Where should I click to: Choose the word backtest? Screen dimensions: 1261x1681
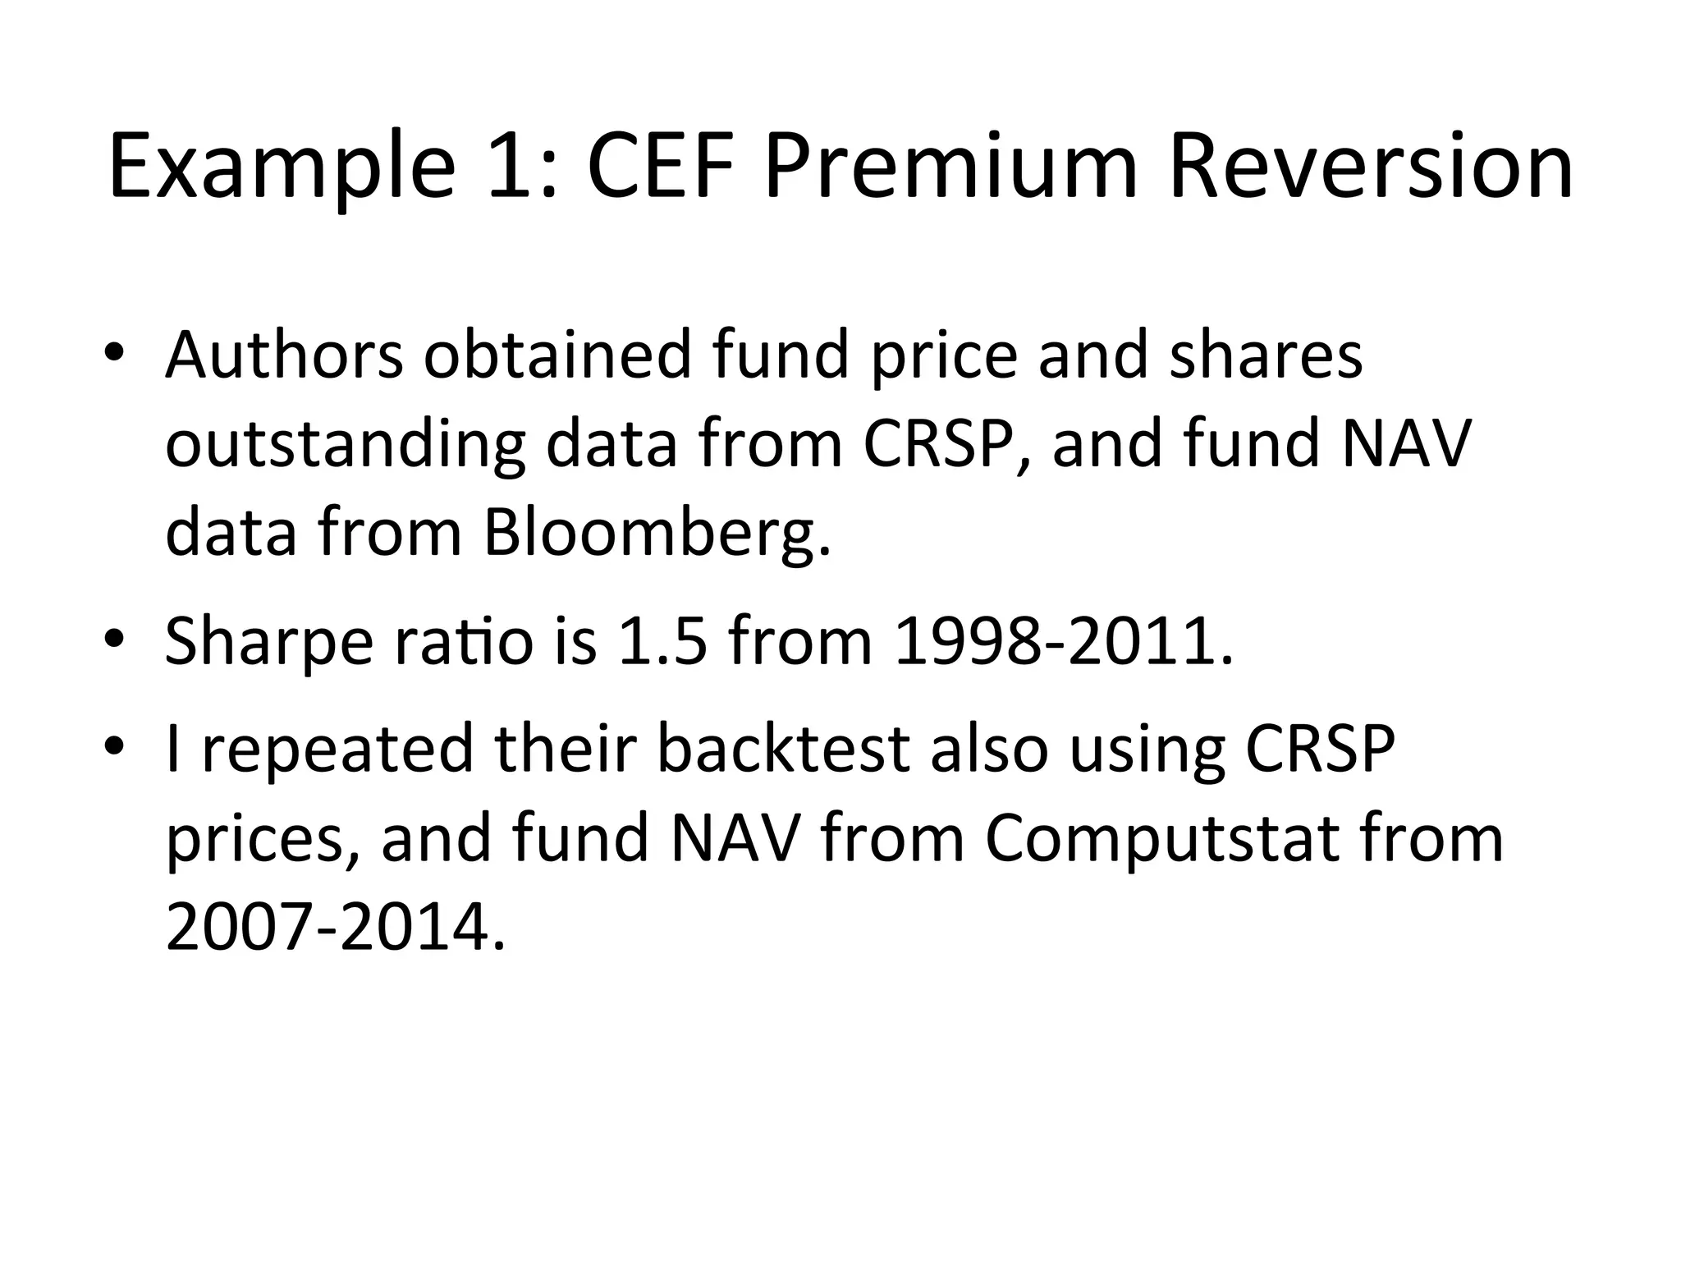(x=785, y=749)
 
